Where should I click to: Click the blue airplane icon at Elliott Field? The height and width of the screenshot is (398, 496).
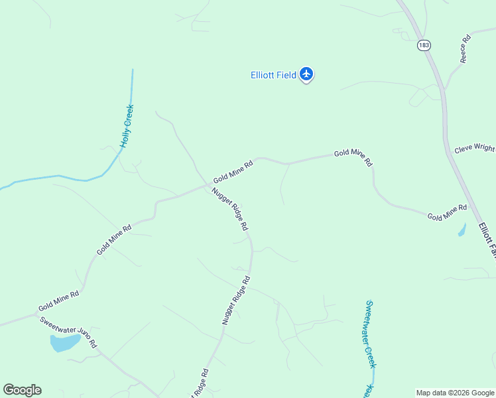click(x=306, y=74)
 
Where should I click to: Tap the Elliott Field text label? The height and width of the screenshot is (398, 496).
click(x=273, y=75)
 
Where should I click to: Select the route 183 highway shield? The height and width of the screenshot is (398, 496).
click(x=424, y=45)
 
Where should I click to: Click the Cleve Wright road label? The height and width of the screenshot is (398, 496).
click(x=474, y=148)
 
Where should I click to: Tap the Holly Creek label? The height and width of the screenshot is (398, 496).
click(x=127, y=125)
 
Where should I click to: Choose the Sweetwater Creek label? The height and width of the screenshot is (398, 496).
click(x=371, y=334)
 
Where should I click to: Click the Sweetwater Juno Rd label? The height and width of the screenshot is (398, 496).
click(x=68, y=332)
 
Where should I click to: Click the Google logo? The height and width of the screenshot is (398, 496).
click(x=22, y=390)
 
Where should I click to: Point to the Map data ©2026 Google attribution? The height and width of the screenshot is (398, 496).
click(x=455, y=393)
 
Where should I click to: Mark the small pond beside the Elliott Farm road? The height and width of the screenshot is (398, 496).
click(x=462, y=230)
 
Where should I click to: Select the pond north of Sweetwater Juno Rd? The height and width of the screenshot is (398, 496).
click(x=64, y=343)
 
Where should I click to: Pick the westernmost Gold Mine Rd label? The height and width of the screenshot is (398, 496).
click(x=58, y=301)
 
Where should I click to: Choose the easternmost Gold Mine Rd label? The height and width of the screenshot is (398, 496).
click(x=447, y=212)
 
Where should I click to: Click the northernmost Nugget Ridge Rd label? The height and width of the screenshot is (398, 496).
click(x=230, y=209)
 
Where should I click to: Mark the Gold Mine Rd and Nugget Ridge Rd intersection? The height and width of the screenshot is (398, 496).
click(x=207, y=186)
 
